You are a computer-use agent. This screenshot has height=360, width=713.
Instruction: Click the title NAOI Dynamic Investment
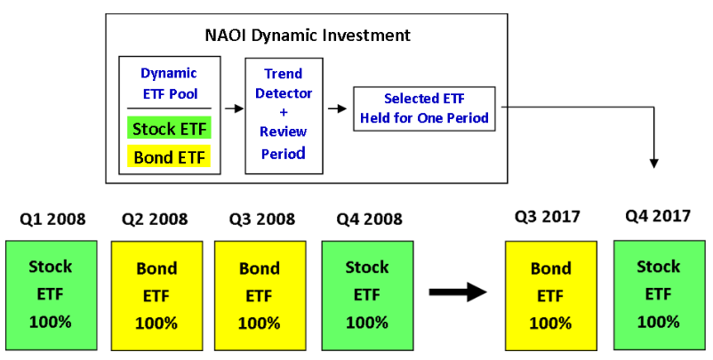pos(308,35)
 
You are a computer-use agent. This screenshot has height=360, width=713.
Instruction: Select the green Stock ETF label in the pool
pos(169,129)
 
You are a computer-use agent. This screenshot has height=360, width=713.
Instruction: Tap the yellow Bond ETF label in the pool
pos(169,157)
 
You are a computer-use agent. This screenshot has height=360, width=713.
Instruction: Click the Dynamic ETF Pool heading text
pos(169,84)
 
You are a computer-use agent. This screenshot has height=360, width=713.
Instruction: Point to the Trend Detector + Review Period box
pos(284,116)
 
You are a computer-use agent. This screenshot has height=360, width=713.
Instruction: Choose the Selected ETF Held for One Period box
pos(424,108)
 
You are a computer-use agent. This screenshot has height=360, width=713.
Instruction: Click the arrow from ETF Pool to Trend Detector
pos(234,108)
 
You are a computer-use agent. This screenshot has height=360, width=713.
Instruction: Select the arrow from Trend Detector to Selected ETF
pos(337,108)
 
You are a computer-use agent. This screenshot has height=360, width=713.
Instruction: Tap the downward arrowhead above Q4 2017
pos(654,164)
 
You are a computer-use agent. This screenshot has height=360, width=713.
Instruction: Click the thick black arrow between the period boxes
pos(458,292)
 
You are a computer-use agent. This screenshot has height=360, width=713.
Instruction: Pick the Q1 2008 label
pos(52,219)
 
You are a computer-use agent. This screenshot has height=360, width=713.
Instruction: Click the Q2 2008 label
pos(155,219)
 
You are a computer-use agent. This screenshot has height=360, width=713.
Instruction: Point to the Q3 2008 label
pos(262,219)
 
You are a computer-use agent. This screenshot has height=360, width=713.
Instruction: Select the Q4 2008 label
pos(369,219)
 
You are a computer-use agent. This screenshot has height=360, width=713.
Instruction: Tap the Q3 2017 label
pos(548,216)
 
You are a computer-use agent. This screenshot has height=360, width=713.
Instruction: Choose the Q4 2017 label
pos(658,215)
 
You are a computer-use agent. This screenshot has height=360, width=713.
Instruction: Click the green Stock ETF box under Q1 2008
pos(52,295)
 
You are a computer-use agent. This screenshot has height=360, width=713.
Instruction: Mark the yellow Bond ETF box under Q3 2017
pos(550,296)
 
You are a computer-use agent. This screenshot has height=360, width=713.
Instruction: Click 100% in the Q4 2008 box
pos(367,323)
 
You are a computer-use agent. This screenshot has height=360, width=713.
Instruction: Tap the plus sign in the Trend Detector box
pos(284,112)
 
